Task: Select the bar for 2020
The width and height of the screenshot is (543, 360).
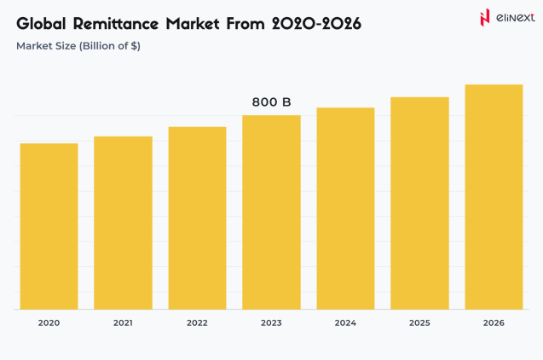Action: [x=49, y=226]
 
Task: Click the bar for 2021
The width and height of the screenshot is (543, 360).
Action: [x=123, y=223]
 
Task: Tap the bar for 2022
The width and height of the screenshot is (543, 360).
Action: [x=197, y=218]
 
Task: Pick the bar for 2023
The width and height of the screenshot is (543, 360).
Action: [x=271, y=212]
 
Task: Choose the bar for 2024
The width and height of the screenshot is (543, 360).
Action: [x=345, y=208]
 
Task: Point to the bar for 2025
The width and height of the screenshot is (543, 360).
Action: [x=419, y=203]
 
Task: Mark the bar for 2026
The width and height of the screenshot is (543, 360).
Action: [x=494, y=197]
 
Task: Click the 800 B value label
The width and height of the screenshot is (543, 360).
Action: [x=271, y=102]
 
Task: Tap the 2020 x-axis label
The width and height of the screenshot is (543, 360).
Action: [x=49, y=323]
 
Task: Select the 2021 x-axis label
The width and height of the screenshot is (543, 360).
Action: [x=123, y=323]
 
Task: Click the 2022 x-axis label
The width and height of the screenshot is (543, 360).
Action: [x=197, y=323]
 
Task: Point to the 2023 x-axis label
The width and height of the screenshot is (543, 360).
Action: [x=271, y=323]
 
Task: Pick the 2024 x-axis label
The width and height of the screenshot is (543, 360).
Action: [x=345, y=323]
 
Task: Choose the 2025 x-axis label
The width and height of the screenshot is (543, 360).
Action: [x=419, y=323]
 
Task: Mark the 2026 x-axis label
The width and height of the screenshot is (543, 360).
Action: [x=494, y=323]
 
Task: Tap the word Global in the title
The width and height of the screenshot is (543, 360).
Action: [x=43, y=24]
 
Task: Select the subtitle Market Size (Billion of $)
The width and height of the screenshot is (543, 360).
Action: [x=78, y=46]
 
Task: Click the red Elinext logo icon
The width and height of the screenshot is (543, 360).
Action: [x=485, y=17]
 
